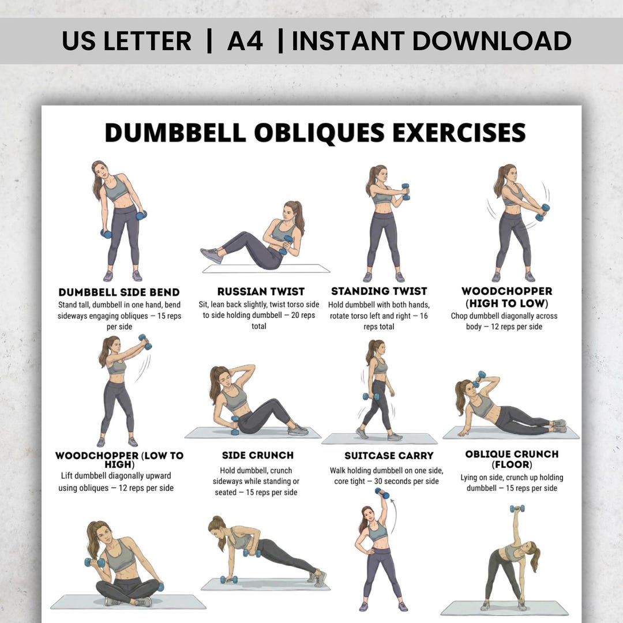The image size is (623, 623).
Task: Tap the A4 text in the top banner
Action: click(245, 41)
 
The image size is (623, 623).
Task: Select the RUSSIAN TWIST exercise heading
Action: click(261, 292)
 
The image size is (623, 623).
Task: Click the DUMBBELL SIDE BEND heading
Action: click(119, 292)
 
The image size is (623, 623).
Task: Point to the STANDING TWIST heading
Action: click(379, 291)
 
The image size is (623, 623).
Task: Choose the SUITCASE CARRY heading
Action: click(389, 456)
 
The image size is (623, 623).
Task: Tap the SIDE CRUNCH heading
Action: click(258, 455)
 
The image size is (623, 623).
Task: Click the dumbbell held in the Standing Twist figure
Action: click(406, 192)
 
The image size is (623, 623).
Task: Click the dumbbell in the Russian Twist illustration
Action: click(286, 245)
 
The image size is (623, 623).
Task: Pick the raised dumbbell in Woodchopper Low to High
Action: click(145, 342)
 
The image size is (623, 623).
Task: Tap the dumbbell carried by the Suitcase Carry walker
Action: click(371, 396)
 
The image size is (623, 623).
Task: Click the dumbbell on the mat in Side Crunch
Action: click(235, 426)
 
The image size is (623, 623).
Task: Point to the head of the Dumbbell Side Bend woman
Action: click(100, 170)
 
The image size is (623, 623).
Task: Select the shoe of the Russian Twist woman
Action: click(212, 256)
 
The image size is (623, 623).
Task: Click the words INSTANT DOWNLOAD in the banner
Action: click(431, 41)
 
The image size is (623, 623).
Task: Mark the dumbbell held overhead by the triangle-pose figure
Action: click(517, 509)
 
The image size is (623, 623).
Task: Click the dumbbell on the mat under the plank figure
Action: click(229, 579)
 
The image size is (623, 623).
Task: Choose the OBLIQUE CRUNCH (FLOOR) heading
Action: click(512, 459)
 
